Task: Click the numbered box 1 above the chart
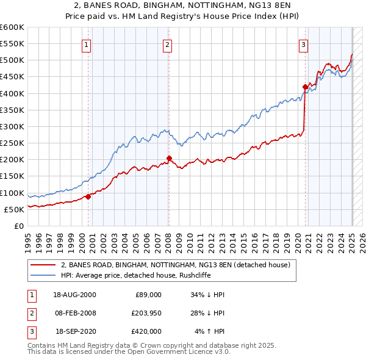[87, 44]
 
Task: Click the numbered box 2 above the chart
[167, 44]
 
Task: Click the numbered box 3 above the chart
[303, 44]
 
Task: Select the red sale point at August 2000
[88, 196]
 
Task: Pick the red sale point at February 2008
[169, 159]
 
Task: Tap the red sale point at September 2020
[305, 87]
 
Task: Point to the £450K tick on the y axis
[12, 77]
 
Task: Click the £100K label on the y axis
[12, 193]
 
